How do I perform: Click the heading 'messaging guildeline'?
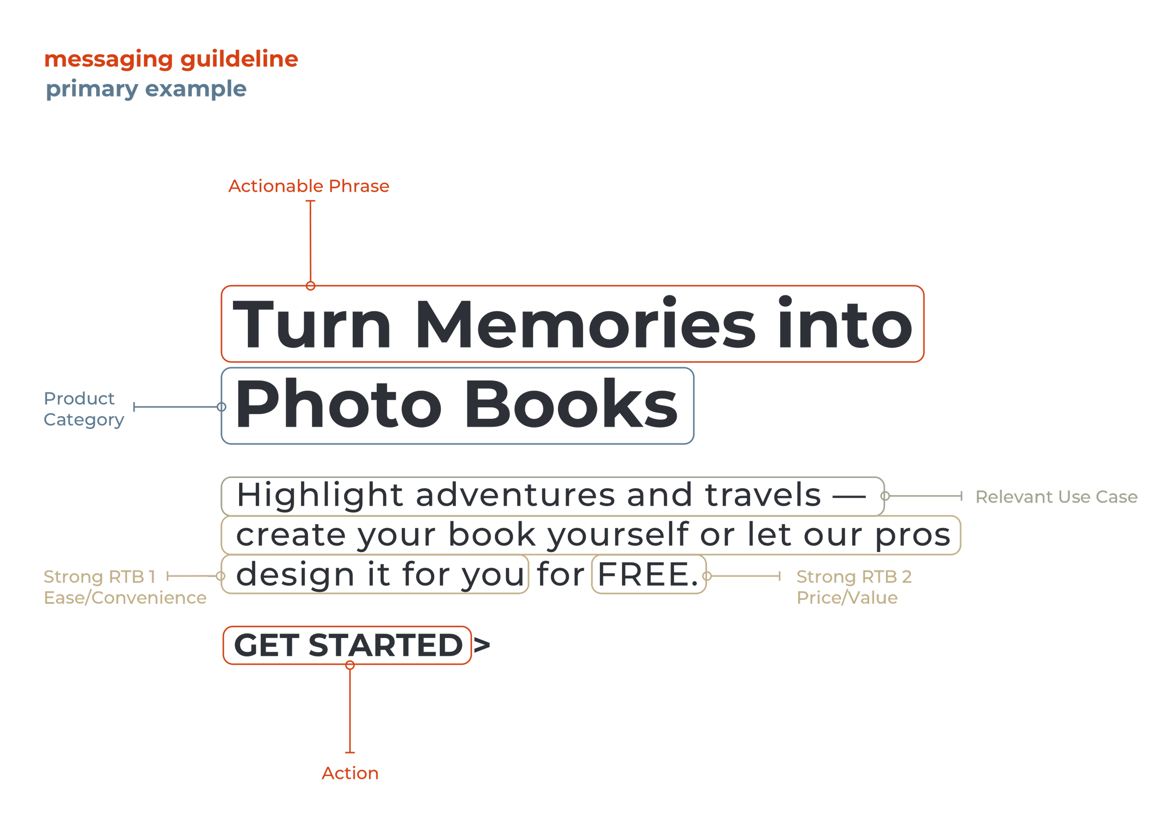coord(171,60)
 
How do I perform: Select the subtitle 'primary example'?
coord(146,90)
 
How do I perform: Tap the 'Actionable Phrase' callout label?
coord(308,186)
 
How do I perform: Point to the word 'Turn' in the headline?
coord(312,325)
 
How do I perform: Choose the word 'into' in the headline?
coord(845,325)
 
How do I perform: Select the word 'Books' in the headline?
coord(571,405)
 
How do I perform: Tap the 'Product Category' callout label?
coord(84,409)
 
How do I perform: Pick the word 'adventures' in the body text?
coord(516,496)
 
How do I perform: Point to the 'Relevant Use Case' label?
coord(1056,497)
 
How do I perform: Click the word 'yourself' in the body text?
coord(617,535)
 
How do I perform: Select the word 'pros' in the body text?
coord(913,535)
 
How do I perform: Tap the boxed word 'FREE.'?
coord(648,575)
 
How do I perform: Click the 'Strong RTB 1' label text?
coord(99,577)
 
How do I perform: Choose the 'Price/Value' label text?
coord(847,598)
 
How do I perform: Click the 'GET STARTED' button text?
coord(348,645)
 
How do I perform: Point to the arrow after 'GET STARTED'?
coord(482,645)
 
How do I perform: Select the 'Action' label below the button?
coord(350,773)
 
